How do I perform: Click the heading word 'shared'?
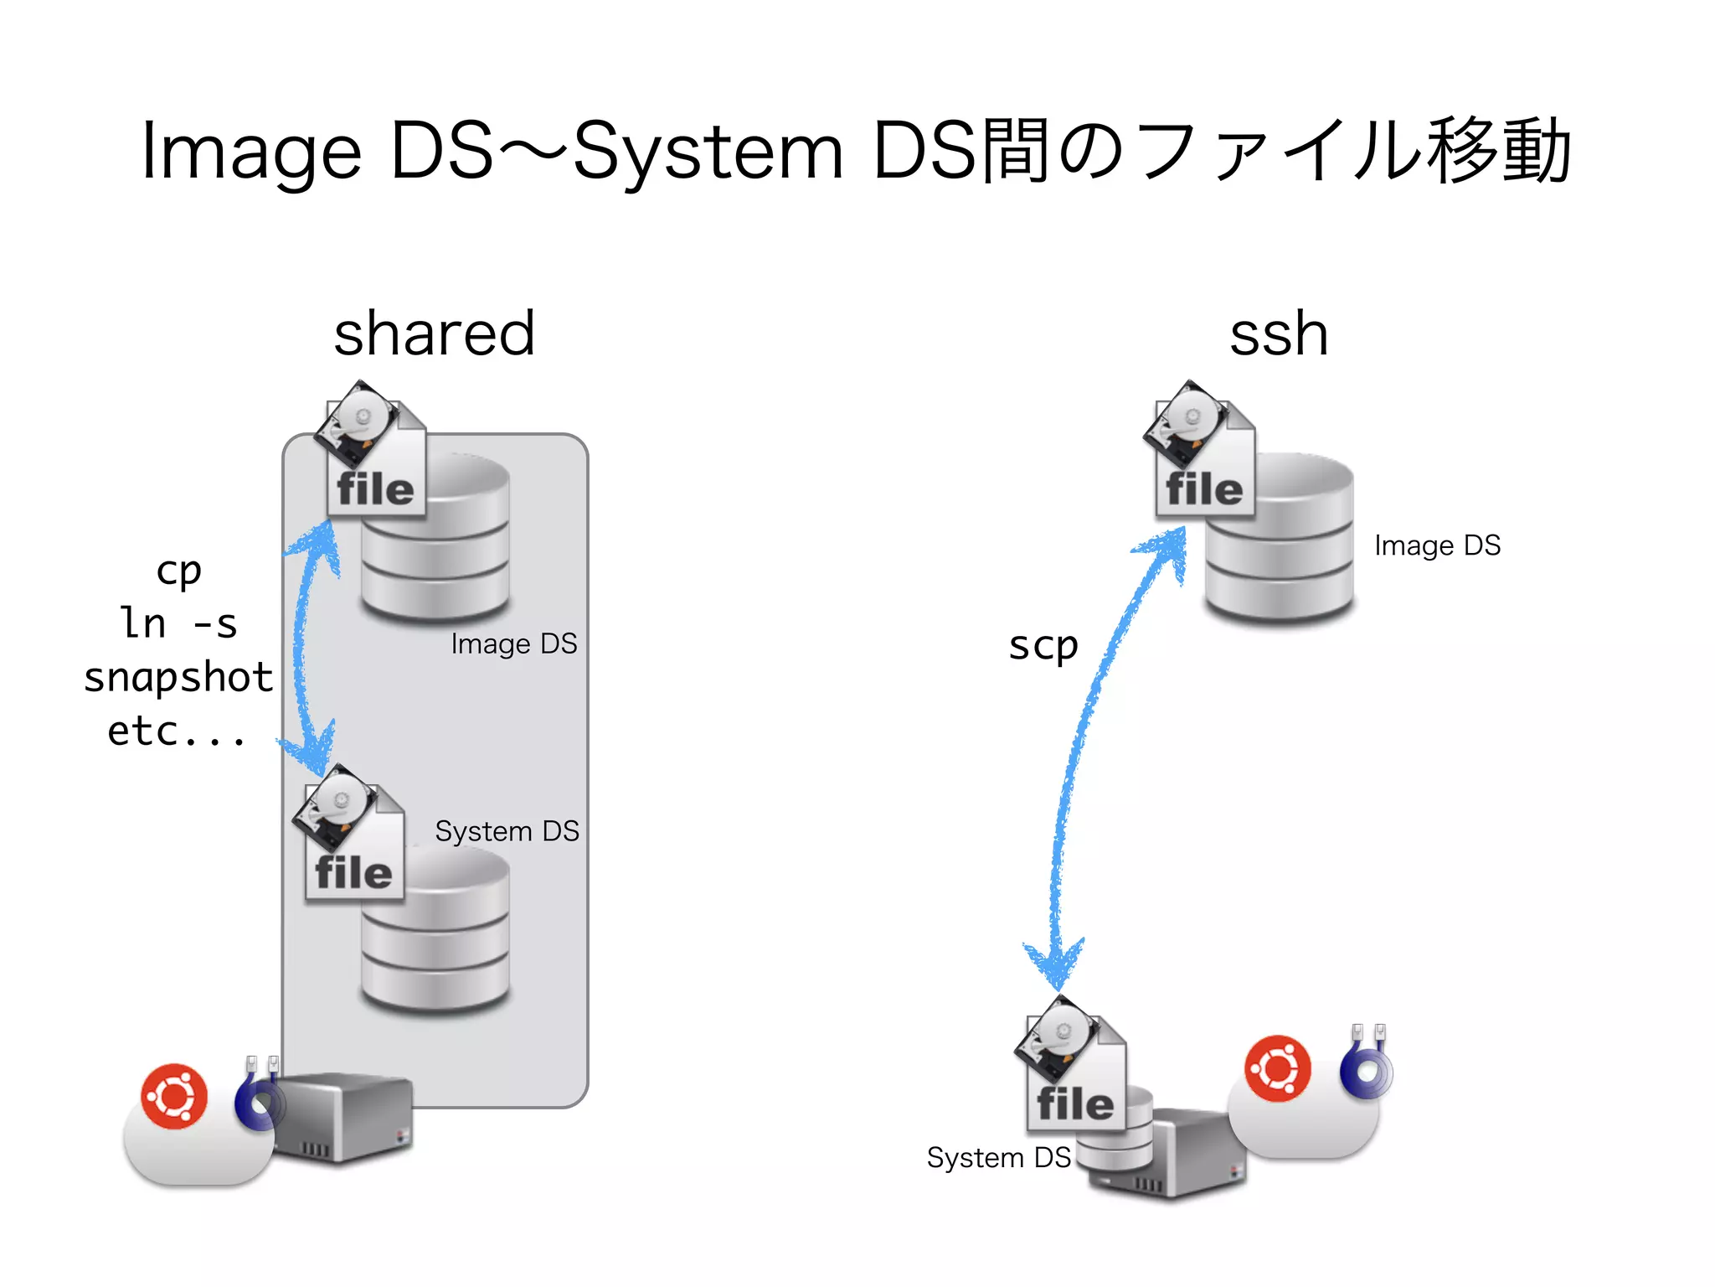click(x=434, y=333)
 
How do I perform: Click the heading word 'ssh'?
click(x=1279, y=333)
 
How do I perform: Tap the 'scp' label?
click(x=1043, y=645)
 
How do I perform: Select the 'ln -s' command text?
click(x=178, y=623)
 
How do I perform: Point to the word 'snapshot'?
click(x=178, y=677)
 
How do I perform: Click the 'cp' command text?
click(x=178, y=571)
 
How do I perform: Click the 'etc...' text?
click(x=177, y=731)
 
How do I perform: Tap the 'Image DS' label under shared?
click(x=513, y=643)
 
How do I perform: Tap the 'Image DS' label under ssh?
click(x=1437, y=545)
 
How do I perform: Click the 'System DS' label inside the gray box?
click(x=507, y=831)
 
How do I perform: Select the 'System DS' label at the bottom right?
click(x=998, y=1157)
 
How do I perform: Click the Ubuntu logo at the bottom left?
click(x=174, y=1096)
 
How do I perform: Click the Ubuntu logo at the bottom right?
click(x=1277, y=1068)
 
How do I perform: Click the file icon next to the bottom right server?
click(x=1073, y=1066)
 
